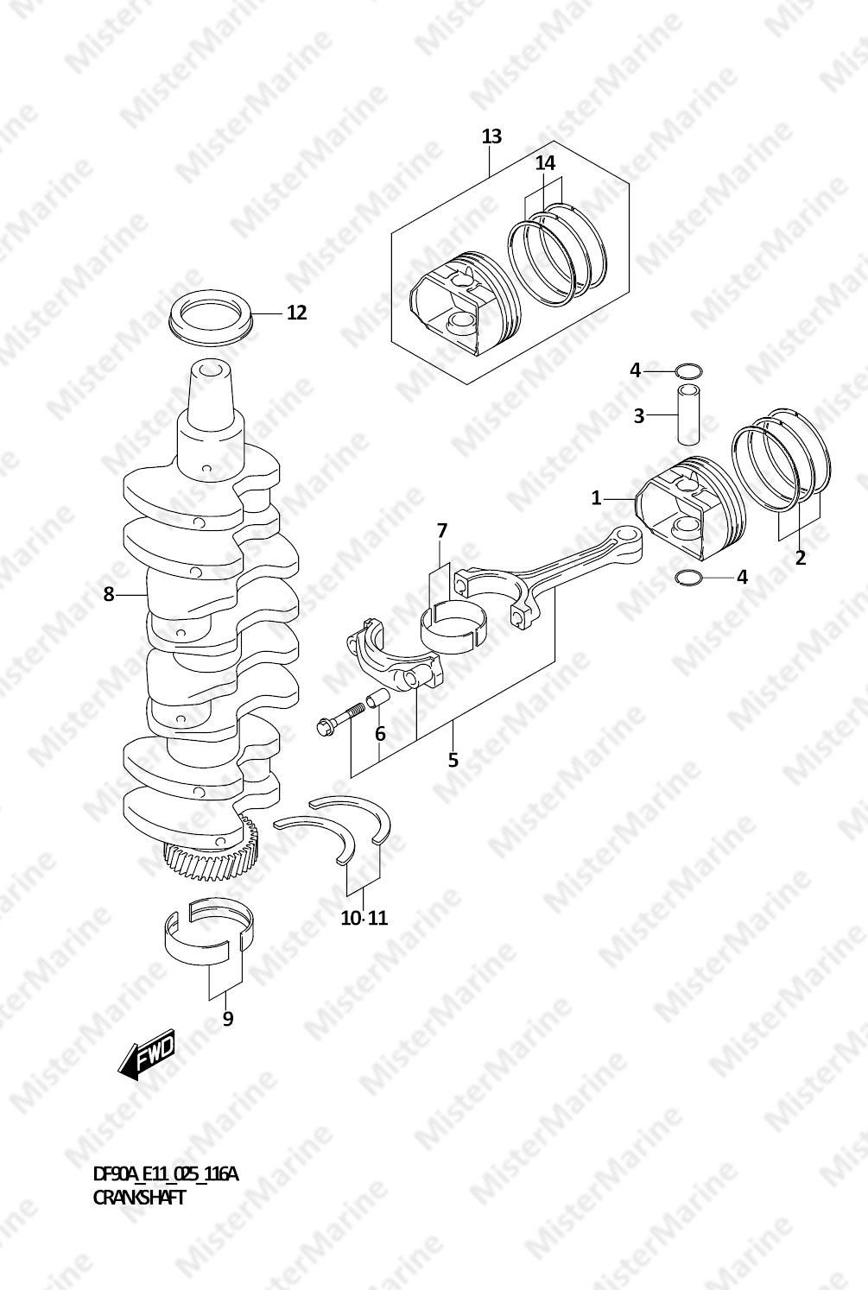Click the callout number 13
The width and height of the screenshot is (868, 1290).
492,136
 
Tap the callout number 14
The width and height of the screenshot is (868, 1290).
545,163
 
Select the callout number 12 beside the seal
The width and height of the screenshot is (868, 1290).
296,313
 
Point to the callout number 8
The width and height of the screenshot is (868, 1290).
109,594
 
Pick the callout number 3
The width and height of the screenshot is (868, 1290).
639,416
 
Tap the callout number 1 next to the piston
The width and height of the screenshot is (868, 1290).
596,497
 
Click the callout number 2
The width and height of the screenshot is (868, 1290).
800,558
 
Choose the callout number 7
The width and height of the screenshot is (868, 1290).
442,531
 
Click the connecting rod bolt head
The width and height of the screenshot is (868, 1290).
323,727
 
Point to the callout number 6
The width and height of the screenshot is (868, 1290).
379,734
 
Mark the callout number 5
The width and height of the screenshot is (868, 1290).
453,760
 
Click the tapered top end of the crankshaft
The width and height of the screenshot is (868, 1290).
212,389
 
